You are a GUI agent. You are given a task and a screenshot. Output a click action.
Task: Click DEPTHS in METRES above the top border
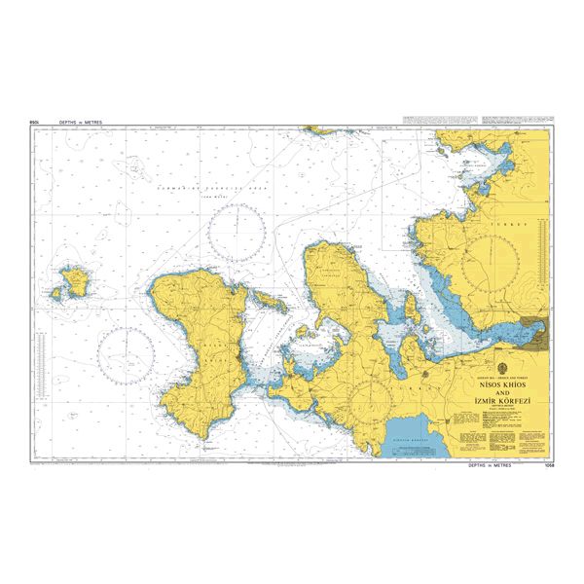(80, 123)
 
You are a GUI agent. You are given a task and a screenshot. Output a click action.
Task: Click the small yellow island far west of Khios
(70, 282)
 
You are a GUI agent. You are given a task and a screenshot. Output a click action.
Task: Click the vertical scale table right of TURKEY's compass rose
(538, 274)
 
